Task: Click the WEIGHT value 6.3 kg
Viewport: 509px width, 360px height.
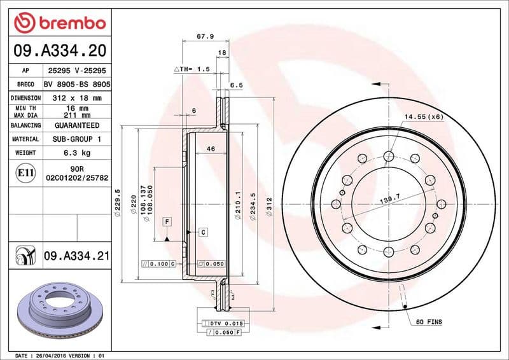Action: (77, 153)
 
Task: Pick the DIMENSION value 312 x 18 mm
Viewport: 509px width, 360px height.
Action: (77, 98)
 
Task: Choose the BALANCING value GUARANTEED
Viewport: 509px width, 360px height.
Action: (77, 125)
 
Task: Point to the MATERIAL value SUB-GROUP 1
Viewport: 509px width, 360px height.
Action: (77, 139)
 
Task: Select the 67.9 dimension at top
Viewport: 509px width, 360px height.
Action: (204, 37)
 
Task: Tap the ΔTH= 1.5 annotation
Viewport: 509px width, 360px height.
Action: (192, 69)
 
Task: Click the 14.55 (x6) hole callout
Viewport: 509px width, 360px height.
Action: (422, 117)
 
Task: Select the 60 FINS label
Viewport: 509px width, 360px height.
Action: (429, 322)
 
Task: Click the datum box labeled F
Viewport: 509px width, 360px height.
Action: (167, 221)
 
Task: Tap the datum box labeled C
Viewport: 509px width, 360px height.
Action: (202, 232)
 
